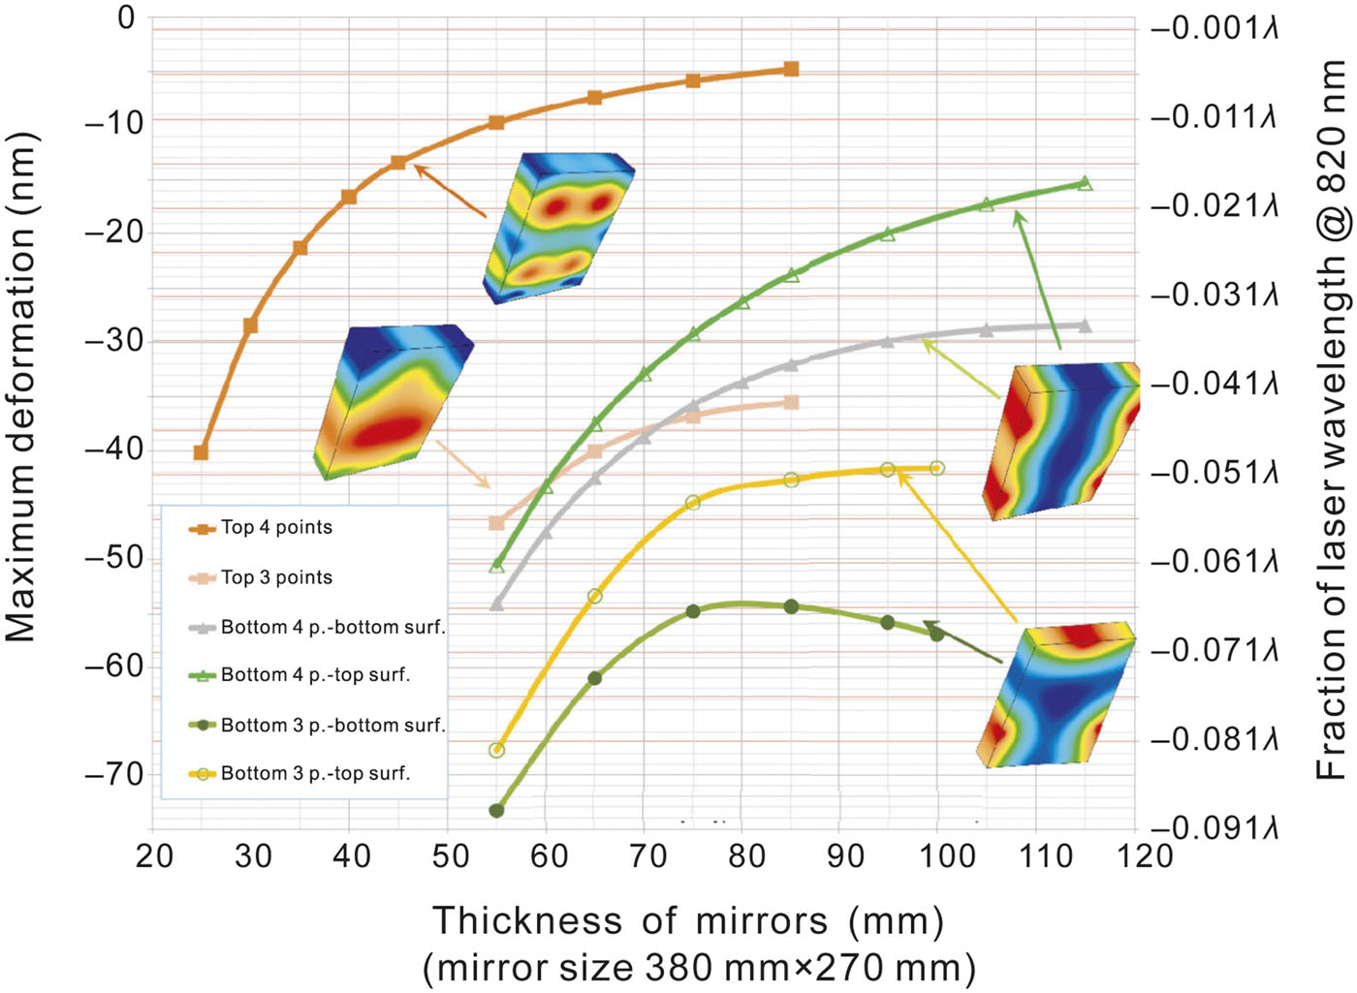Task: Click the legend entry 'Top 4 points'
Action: click(x=276, y=528)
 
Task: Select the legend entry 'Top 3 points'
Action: click(x=276, y=577)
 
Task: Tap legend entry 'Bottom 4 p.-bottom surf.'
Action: click(x=332, y=627)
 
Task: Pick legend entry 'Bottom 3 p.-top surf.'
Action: click(x=315, y=773)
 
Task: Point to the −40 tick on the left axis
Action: click(x=113, y=450)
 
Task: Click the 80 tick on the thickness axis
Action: click(x=745, y=856)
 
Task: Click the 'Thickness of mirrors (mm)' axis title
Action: click(x=687, y=920)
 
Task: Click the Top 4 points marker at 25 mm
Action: click(x=201, y=452)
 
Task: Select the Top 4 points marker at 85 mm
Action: click(x=791, y=69)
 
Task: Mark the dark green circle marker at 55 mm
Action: click(x=496, y=810)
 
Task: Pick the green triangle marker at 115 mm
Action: click(x=1085, y=183)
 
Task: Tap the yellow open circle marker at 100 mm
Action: click(x=936, y=468)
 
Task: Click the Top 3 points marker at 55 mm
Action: click(x=496, y=523)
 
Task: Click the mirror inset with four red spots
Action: click(x=558, y=228)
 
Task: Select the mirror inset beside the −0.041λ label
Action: click(x=1061, y=441)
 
